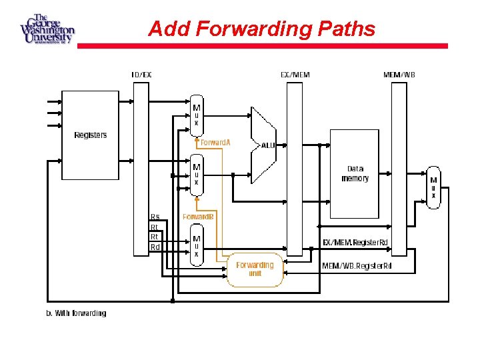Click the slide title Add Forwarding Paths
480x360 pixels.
click(x=261, y=29)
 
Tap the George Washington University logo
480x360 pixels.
click(x=47, y=28)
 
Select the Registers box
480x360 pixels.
click(x=91, y=135)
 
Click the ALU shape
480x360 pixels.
click(x=264, y=144)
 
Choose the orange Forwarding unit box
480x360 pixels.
click(x=255, y=269)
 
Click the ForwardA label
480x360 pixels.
click(x=215, y=143)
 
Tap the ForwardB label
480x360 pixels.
click(x=199, y=217)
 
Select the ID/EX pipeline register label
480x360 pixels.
click(x=141, y=75)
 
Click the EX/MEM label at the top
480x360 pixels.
click(x=294, y=75)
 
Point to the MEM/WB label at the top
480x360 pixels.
click(x=399, y=75)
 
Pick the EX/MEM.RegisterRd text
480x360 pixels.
click(x=357, y=242)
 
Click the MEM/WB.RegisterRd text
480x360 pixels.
click(x=357, y=266)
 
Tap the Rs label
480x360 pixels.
click(x=155, y=217)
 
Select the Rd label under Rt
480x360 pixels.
click(x=155, y=247)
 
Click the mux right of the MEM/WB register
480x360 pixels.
click(x=433, y=187)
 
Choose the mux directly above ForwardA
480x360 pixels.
click(x=196, y=115)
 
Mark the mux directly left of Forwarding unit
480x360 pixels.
click(x=197, y=246)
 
